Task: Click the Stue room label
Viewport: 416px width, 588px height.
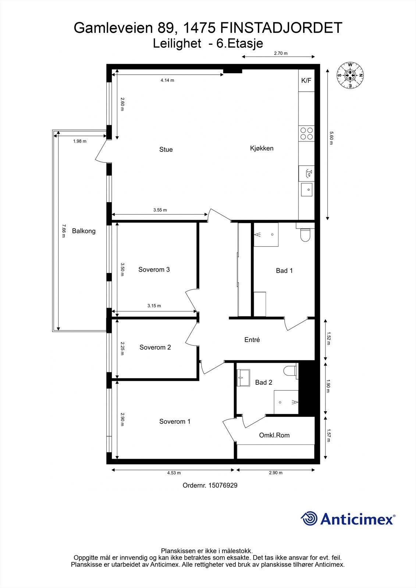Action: tap(166, 150)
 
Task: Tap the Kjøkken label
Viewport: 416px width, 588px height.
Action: tap(262, 148)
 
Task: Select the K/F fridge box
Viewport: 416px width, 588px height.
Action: tap(306, 80)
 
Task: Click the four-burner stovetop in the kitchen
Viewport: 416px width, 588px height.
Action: tap(306, 133)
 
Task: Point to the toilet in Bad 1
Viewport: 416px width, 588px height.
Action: tap(305, 235)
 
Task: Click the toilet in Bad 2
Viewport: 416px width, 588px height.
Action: tap(291, 371)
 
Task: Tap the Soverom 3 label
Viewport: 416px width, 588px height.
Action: tap(154, 270)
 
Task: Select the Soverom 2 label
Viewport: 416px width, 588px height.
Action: tap(155, 347)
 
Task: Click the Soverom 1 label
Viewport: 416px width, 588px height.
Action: tap(175, 422)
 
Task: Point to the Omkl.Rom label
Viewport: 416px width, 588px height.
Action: tap(274, 435)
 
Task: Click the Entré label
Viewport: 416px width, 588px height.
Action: tap(252, 340)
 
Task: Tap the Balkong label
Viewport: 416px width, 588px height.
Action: tap(83, 231)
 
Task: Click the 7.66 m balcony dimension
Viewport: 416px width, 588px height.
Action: tap(63, 231)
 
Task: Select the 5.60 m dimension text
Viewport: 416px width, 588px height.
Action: tap(331, 138)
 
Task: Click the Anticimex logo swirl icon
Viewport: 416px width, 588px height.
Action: tap(309, 519)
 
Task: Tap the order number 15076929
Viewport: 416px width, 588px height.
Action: tap(223, 485)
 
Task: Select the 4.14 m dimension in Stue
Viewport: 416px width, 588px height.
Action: tap(167, 80)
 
